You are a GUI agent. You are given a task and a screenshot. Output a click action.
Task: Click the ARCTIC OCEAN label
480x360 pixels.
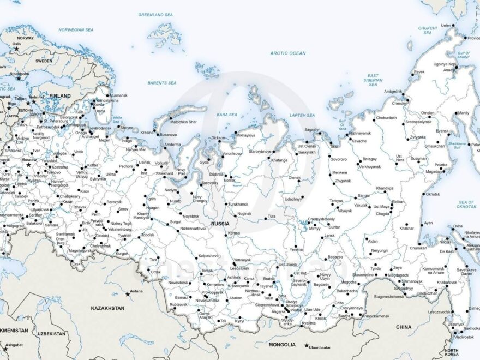click(x=288, y=53)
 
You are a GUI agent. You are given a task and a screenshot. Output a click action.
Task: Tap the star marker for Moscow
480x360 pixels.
click(x=28, y=165)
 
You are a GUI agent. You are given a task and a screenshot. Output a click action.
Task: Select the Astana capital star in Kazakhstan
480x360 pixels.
click(x=128, y=294)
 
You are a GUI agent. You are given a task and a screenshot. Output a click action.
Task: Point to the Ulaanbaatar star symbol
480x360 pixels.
click(x=307, y=345)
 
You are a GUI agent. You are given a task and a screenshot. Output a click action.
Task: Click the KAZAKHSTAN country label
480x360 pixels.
click(x=107, y=308)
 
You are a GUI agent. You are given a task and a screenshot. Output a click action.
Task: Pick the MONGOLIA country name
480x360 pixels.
click(x=282, y=345)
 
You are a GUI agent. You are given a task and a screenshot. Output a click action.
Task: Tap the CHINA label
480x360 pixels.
click(x=404, y=327)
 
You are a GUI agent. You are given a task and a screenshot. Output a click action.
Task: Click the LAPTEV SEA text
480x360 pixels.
click(x=302, y=115)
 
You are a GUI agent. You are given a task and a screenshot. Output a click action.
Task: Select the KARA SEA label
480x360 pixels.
click(x=227, y=115)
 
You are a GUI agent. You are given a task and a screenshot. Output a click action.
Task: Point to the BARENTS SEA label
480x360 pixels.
click(x=162, y=83)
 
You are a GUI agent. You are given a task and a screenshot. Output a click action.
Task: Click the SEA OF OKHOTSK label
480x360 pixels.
click(x=466, y=205)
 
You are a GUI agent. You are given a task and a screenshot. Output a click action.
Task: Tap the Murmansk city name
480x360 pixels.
click(x=118, y=95)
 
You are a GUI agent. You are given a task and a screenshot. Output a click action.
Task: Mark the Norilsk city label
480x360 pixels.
click(x=229, y=180)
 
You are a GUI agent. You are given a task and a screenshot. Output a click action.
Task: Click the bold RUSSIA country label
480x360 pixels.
click(x=220, y=224)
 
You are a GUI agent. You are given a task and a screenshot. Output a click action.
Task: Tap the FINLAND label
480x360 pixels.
click(x=60, y=96)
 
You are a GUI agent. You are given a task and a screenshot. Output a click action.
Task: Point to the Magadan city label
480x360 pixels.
click(x=434, y=171)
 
